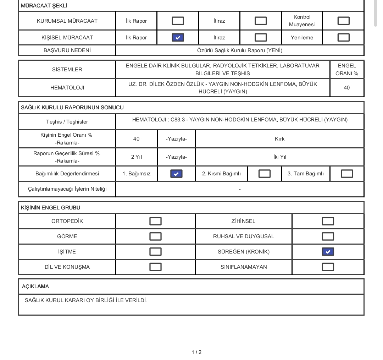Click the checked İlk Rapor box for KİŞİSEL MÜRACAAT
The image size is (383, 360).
(178, 37)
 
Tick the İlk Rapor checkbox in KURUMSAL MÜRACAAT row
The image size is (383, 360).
(178, 21)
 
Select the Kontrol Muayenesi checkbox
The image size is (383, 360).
(343, 21)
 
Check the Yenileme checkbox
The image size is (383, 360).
(343, 37)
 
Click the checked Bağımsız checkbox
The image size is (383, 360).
(176, 174)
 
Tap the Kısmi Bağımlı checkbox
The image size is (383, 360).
(265, 174)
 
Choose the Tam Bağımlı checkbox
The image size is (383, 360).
(347, 174)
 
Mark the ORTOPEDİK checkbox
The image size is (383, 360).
(155, 221)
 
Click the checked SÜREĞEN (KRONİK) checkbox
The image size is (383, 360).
(328, 252)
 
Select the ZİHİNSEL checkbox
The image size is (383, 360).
(328, 221)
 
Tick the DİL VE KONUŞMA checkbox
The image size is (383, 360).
(155, 267)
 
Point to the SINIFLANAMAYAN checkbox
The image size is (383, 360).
(328, 267)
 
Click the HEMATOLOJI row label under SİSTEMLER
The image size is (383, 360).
(67, 88)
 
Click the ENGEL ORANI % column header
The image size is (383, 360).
(347, 70)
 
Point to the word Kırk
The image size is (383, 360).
(279, 139)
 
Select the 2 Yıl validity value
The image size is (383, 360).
(136, 157)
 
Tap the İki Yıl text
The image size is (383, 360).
(279, 157)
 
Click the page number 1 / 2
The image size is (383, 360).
(196, 352)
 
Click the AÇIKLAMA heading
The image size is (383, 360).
(35, 287)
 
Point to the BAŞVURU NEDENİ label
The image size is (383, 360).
(67, 50)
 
